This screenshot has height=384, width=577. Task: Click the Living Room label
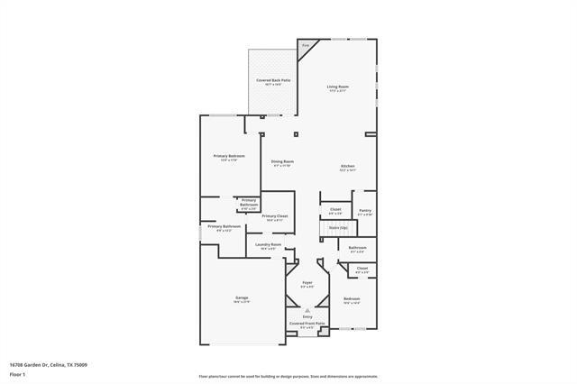[x=337, y=87]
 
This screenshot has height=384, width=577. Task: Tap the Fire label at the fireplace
[x=306, y=44]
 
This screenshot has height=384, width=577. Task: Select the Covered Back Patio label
[x=273, y=80]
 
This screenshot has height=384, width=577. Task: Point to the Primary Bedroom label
[x=229, y=156]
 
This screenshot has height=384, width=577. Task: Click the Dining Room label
[x=283, y=162]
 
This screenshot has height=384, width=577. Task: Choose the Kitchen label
[x=347, y=167]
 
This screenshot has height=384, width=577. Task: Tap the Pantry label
[x=364, y=211]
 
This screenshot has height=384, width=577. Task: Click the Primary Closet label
[x=275, y=216]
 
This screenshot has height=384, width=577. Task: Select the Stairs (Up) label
[x=338, y=228]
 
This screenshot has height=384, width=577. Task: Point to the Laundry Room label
[x=269, y=245]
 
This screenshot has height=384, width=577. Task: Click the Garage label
[x=242, y=297]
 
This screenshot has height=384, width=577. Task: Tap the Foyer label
[x=307, y=282]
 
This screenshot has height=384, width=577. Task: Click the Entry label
[x=307, y=317]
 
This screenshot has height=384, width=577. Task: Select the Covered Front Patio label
[x=307, y=323]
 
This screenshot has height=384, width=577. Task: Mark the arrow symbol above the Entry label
[x=307, y=310]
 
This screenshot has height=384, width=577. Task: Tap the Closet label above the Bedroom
[x=362, y=268]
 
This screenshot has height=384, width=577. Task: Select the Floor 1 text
[x=17, y=374]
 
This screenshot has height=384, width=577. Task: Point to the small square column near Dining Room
[x=295, y=134]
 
